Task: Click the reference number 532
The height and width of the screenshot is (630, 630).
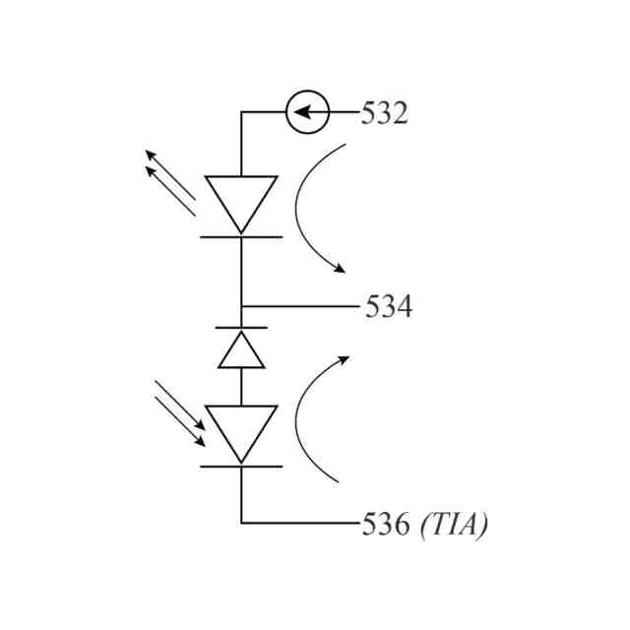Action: click(384, 113)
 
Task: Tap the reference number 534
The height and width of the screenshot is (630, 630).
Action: click(389, 307)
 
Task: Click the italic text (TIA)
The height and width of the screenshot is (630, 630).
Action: click(454, 525)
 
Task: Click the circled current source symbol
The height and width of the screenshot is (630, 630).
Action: click(307, 112)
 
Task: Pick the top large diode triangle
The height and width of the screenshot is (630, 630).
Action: click(241, 200)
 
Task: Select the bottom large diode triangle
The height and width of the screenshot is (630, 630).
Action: click(241, 430)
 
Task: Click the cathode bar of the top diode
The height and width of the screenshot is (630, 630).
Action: click(241, 236)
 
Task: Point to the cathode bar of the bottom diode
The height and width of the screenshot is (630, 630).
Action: click(241, 466)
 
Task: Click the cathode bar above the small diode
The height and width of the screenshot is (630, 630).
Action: click(241, 327)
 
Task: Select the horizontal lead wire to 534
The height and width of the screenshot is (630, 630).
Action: click(300, 306)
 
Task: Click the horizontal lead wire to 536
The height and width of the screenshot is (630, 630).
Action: click(300, 523)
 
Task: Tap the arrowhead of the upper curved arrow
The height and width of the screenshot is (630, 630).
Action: click(341, 269)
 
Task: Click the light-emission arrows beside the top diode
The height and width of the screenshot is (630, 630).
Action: click(170, 181)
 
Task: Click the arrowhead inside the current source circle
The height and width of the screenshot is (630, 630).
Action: click(300, 112)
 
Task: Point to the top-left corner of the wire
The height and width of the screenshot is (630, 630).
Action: click(241, 112)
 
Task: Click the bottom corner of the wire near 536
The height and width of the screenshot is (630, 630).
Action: click(241, 523)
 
